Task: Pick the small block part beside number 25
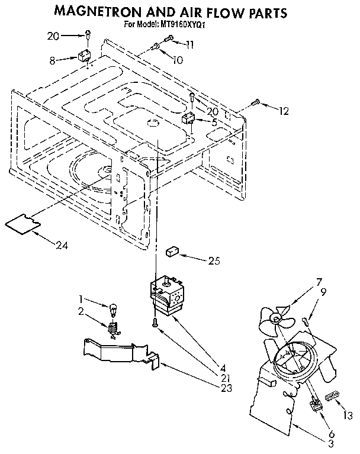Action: [173, 251]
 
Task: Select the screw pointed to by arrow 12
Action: [255, 102]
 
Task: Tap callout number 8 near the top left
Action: [53, 60]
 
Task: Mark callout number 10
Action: [178, 60]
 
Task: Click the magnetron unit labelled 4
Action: [168, 295]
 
